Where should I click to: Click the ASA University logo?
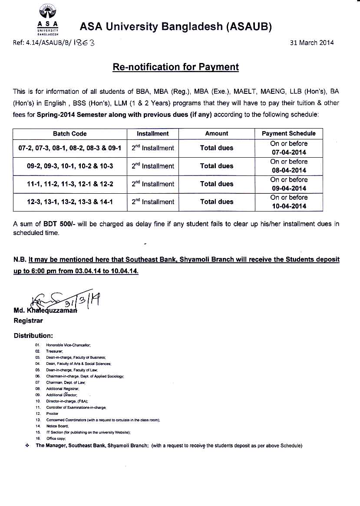tap(48, 19)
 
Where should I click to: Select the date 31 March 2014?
tap(312, 43)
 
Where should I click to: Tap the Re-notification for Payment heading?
tap(175, 67)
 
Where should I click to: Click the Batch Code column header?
tap(70, 134)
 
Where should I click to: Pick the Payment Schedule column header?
tap(288, 134)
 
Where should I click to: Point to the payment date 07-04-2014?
tap(288, 152)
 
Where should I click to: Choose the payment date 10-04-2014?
tap(288, 206)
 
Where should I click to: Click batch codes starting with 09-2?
tap(70, 166)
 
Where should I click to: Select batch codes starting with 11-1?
tap(70, 184)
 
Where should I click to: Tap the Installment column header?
tap(152, 134)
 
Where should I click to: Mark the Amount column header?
tap(216, 134)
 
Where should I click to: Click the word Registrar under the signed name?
tap(28, 321)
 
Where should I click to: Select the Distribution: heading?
tap(33, 336)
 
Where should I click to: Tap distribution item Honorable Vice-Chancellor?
tap(68, 345)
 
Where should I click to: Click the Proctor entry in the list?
tap(52, 414)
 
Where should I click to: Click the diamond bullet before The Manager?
tap(27, 446)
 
